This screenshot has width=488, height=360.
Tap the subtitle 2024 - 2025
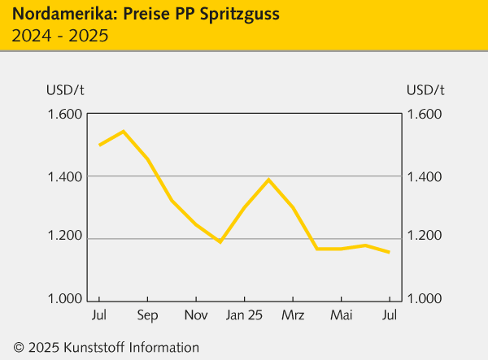61,36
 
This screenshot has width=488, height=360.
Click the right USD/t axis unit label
425,89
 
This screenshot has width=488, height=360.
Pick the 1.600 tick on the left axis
66,114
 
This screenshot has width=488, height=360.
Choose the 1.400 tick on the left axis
66,176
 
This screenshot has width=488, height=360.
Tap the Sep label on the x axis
147,314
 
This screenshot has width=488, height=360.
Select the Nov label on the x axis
196,314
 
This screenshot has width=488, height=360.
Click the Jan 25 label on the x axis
244,314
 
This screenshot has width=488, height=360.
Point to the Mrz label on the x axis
293,314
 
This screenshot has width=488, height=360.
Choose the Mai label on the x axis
342,314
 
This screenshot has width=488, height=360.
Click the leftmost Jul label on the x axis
99,314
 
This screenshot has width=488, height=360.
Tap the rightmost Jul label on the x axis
390,314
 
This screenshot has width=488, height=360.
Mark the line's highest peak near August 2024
123,131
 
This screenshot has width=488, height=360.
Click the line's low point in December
220,241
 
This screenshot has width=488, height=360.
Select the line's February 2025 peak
268,179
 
